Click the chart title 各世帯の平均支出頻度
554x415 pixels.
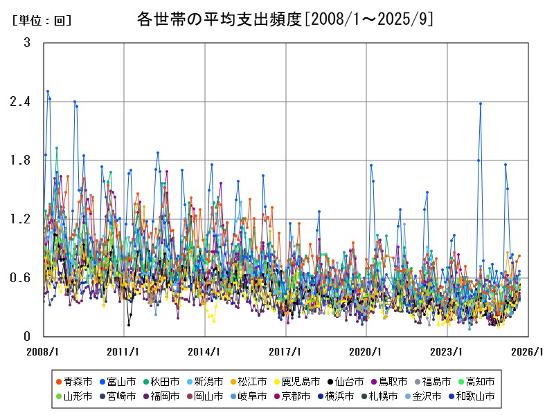coord(285,19)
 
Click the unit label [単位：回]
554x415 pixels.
coord(42,21)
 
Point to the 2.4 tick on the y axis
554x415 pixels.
coord(21,102)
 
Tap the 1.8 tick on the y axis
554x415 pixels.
coord(21,160)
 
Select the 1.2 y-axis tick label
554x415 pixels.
coord(21,219)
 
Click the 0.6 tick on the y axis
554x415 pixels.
coord(21,278)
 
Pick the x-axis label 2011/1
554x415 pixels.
coord(124,351)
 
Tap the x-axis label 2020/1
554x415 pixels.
coord(366,351)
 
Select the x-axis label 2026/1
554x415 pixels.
coord(528,351)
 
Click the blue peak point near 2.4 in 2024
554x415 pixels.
coord(481,104)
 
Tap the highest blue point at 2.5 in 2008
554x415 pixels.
coord(48,91)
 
